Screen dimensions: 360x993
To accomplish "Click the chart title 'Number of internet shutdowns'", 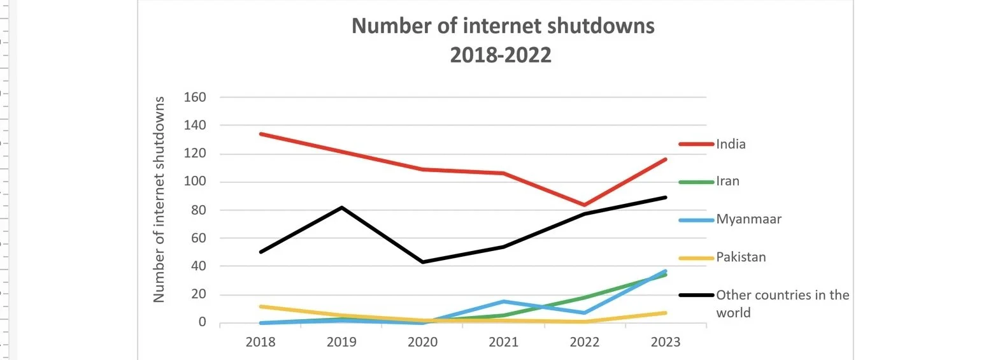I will click(x=503, y=27).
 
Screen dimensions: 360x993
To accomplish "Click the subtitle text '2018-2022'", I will click(x=500, y=55).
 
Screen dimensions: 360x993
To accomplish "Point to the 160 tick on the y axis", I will click(x=194, y=97).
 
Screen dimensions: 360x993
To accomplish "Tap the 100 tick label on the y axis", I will click(x=194, y=182).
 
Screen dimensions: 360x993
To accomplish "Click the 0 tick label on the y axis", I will click(x=202, y=322).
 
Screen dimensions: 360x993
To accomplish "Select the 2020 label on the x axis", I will click(x=422, y=342).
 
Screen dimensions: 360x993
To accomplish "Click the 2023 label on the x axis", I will click(x=666, y=342).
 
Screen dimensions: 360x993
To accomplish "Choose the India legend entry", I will click(x=730, y=144).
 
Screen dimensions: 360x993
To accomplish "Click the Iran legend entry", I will click(x=727, y=182).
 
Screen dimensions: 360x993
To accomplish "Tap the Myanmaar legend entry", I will click(x=748, y=219).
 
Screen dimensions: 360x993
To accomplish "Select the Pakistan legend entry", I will click(x=741, y=257).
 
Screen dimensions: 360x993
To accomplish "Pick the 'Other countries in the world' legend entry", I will click(x=782, y=304).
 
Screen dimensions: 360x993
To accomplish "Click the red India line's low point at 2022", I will click(x=584, y=205).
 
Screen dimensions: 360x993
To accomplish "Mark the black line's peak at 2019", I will click(x=341, y=207).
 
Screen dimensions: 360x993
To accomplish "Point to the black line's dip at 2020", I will click(x=422, y=262).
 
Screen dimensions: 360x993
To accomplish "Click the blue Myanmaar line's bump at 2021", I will click(x=503, y=301).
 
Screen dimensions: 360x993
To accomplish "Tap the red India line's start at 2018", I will click(x=261, y=134).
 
